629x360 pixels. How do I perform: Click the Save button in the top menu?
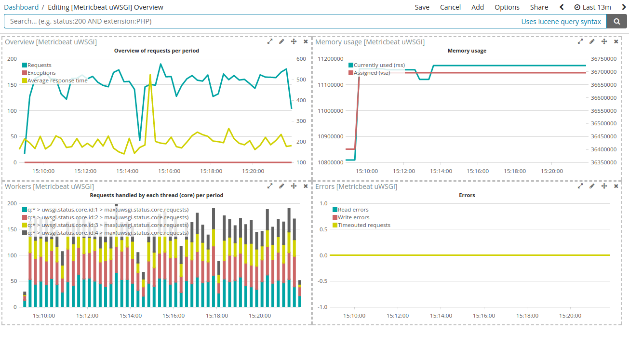tap(422, 7)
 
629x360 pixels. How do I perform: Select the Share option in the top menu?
tap(539, 7)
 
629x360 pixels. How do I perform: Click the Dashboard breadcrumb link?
tap(21, 7)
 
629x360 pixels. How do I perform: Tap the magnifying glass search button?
tap(617, 21)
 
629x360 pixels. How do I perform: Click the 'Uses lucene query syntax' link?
tap(561, 22)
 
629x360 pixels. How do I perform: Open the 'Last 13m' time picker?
tap(592, 7)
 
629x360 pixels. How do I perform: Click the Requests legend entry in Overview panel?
tap(39, 65)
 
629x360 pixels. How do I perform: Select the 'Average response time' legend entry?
tap(57, 80)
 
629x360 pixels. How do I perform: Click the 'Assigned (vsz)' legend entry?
tap(372, 73)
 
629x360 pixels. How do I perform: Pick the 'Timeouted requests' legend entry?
tap(363, 225)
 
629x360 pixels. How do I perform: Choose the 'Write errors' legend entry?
tap(353, 217)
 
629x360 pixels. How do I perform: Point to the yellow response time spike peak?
tap(150, 75)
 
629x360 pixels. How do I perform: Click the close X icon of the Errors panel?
tap(616, 186)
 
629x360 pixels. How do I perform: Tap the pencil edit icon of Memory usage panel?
tap(592, 41)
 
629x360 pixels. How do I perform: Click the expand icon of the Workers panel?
tap(270, 186)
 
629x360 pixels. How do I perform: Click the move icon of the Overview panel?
tap(294, 41)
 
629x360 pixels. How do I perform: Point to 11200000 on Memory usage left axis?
tap(330, 59)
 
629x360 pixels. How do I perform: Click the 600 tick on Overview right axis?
tap(301, 59)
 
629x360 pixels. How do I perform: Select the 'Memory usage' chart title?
tap(467, 51)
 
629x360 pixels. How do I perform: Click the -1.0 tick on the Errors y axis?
tap(323, 307)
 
